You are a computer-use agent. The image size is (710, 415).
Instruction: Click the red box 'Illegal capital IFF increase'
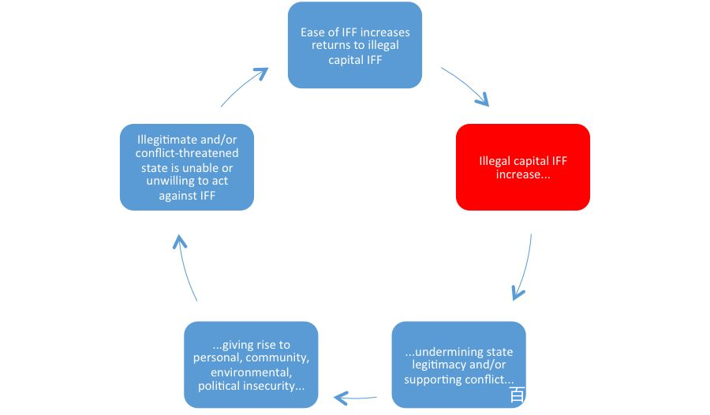tap(522, 167)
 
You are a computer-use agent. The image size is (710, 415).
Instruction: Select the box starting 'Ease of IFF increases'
tap(354, 45)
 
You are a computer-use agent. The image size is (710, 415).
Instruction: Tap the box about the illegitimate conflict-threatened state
tap(186, 167)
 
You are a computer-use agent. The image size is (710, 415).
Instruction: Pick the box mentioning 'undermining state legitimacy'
tap(458, 365)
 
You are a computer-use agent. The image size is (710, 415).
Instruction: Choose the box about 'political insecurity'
tap(251, 365)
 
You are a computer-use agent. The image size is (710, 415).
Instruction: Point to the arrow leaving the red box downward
tap(525, 267)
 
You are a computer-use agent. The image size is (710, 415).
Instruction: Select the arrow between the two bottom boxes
tap(356, 398)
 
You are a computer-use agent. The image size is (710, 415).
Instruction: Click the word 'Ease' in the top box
tap(312, 32)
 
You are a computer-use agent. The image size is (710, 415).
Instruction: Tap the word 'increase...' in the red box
tap(523, 174)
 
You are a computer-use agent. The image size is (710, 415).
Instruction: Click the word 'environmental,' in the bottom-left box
tap(252, 372)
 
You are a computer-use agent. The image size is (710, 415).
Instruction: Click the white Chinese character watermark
tap(517, 394)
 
